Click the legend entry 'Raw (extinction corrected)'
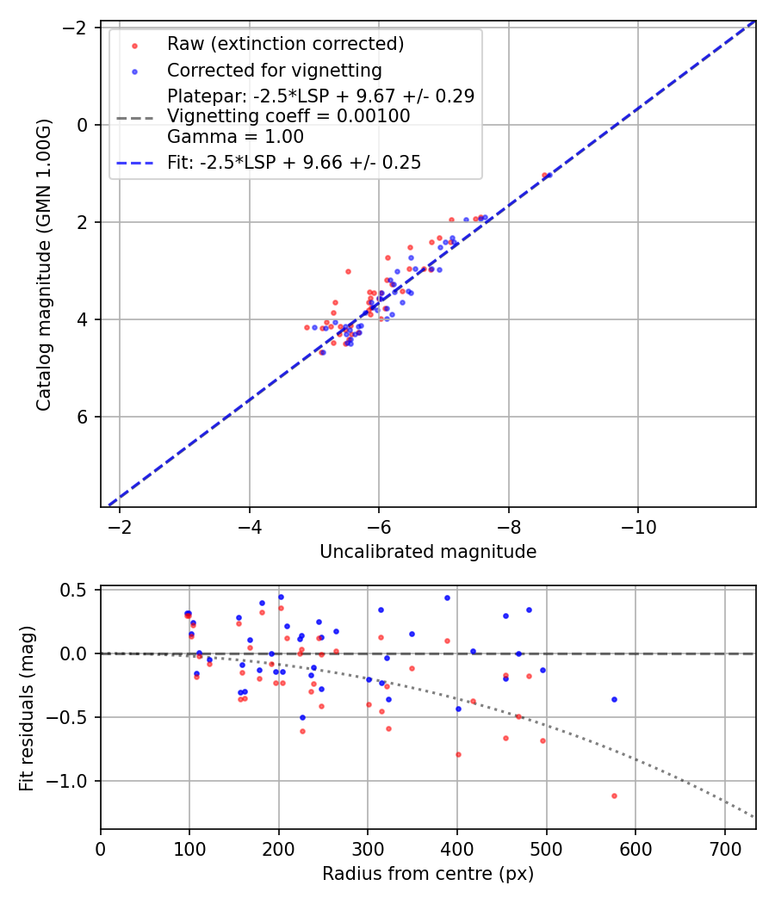[x=285, y=44]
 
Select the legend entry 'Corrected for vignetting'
[x=274, y=70]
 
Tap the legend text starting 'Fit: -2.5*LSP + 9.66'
[x=294, y=162]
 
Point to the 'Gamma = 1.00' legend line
[x=235, y=137]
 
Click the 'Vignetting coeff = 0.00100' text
[x=288, y=116]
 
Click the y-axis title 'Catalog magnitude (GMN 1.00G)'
[x=44, y=264]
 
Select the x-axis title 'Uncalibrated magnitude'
[x=428, y=552]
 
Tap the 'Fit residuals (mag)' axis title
[x=27, y=708]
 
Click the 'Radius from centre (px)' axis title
[x=428, y=874]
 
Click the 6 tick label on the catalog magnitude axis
[x=84, y=417]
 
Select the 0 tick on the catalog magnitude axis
[x=84, y=125]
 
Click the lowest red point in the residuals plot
[x=614, y=796]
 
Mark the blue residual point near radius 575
[x=614, y=699]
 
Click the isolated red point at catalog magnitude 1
[x=543, y=175]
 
